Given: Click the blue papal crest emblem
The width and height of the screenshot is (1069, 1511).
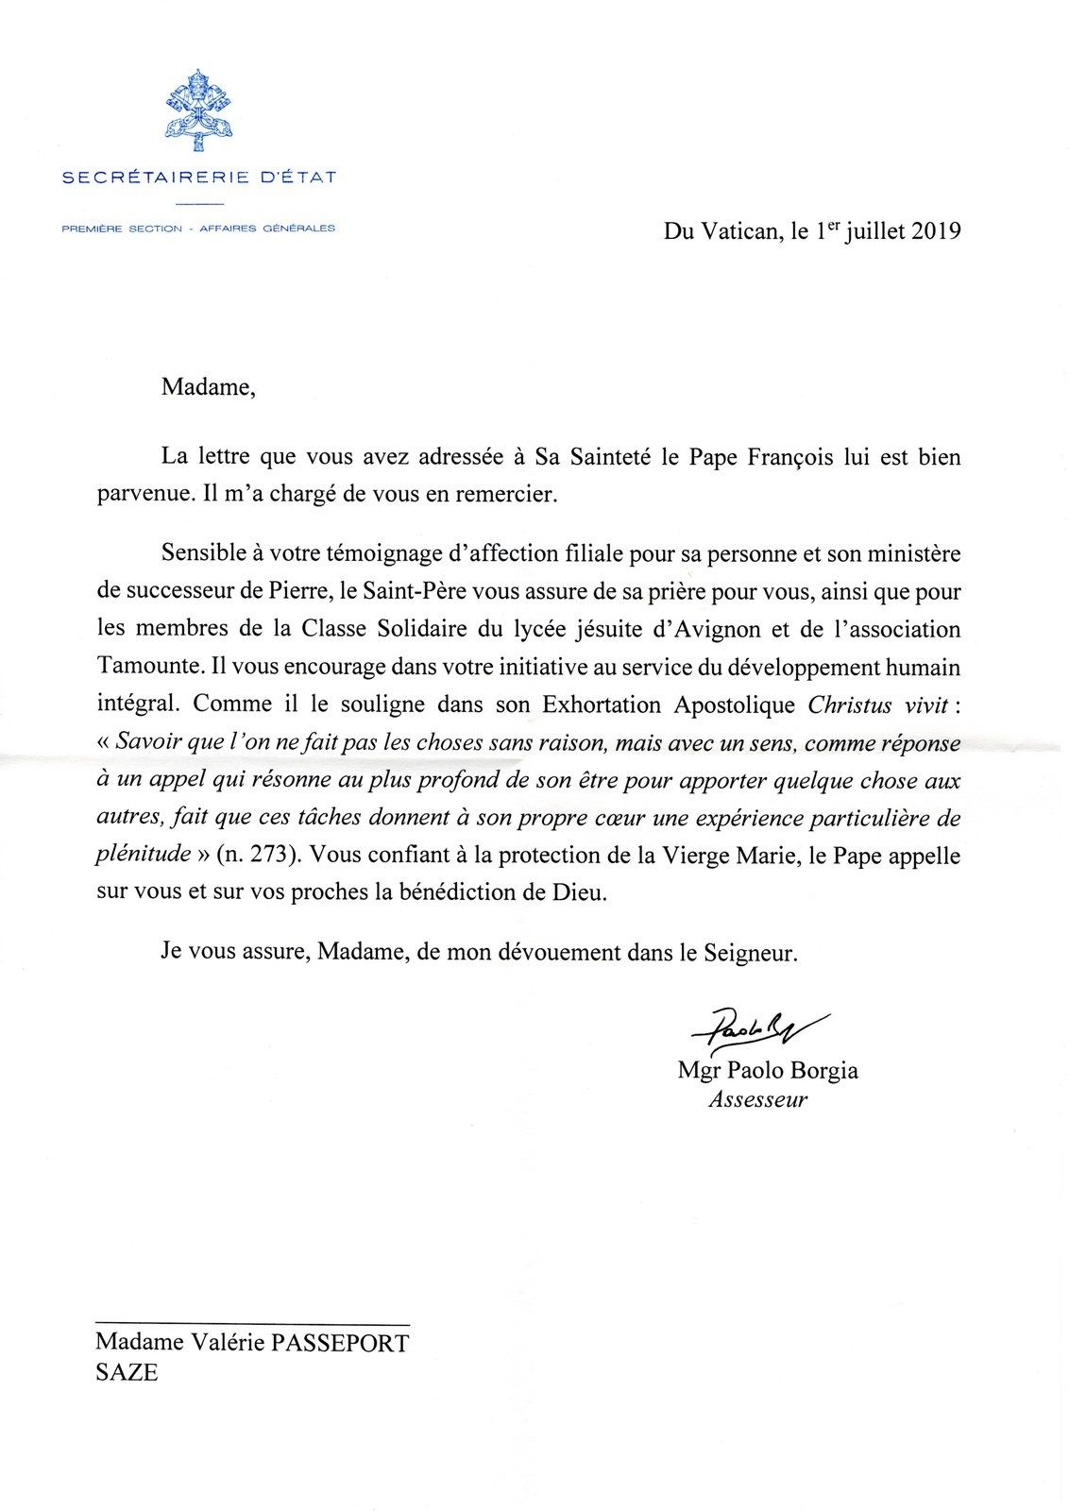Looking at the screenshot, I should coord(198,110).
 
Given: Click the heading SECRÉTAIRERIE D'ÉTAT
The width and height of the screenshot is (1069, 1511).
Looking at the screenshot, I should coord(198,177).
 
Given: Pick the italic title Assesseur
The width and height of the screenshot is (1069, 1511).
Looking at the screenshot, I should coord(757,1099).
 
